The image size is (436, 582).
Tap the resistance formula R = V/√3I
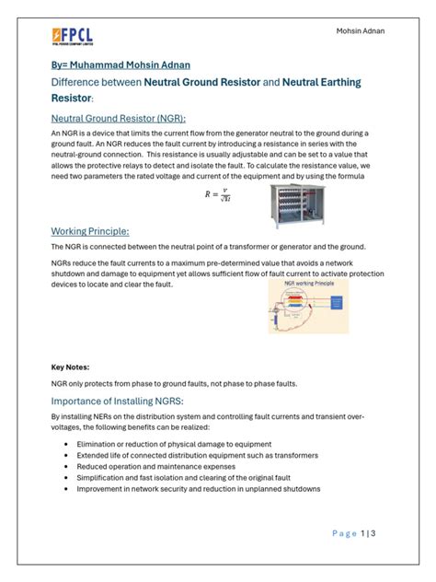[x=218, y=196]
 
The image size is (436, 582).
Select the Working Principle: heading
[x=89, y=230]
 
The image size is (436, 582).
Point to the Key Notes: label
[x=70, y=366]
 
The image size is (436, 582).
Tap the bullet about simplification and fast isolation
[x=189, y=480]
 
